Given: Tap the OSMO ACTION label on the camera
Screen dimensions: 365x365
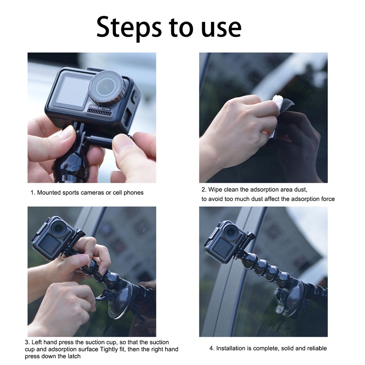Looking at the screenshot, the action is coord(100,108).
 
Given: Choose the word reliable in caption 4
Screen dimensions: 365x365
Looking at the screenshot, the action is coord(318,349).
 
